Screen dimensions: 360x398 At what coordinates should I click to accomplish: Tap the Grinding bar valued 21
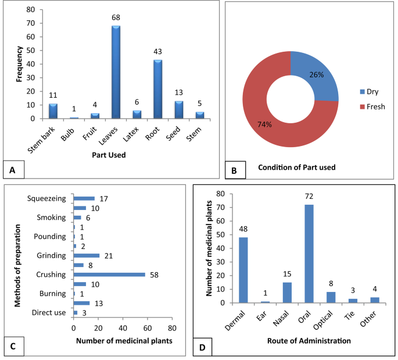(x=87, y=255)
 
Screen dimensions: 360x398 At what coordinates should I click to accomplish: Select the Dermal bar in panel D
(x=243, y=270)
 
